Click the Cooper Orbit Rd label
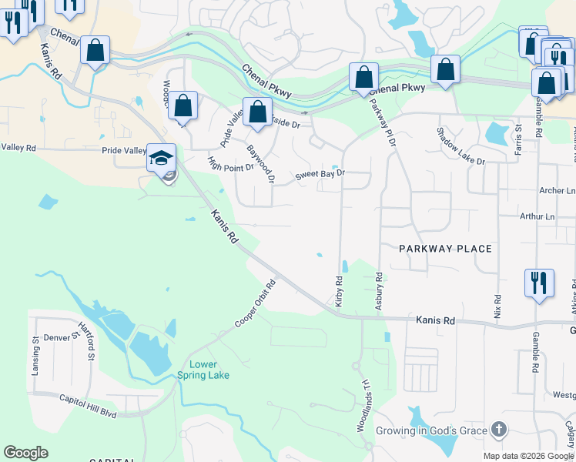[x=255, y=303]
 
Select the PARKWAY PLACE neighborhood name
[x=445, y=249]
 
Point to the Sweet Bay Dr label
[x=320, y=176]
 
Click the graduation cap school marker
[x=162, y=158]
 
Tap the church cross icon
[x=498, y=429]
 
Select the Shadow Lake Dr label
[x=460, y=146]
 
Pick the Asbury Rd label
[x=379, y=291]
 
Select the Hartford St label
[x=85, y=342]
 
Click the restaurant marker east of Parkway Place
[x=539, y=282]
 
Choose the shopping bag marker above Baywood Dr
[x=257, y=112]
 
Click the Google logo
[x=25, y=453]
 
